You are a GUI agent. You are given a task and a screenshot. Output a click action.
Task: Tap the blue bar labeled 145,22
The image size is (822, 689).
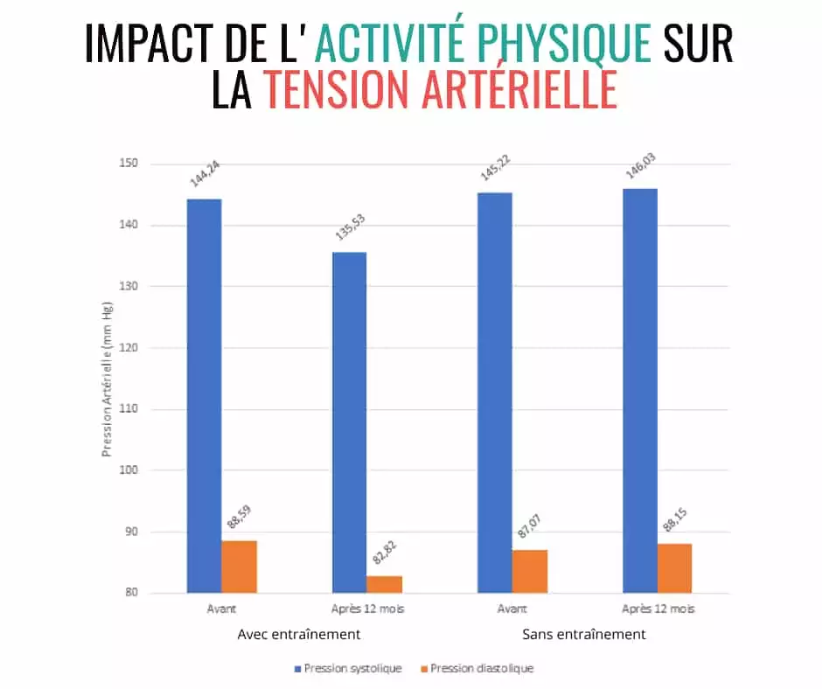pos(494,393)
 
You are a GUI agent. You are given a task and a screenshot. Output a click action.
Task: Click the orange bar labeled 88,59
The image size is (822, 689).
pos(239,567)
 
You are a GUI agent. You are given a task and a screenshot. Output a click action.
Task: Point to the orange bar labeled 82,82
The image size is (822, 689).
pos(385,584)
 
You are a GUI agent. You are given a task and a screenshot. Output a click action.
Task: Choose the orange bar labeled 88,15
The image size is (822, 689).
pos(674,568)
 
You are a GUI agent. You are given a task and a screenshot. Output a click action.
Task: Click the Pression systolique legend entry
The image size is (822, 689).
pos(350,668)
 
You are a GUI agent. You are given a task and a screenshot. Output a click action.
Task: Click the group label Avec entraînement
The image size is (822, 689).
pos(298,635)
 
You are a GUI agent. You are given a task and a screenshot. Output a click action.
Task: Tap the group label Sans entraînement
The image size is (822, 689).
pos(584,635)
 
